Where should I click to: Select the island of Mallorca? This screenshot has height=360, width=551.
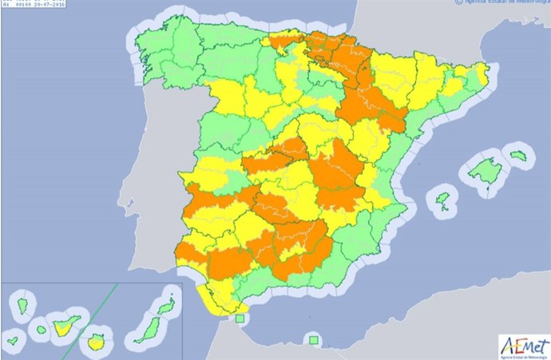pyautogui.click(x=482, y=169)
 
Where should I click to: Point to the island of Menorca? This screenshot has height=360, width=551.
pyautogui.click(x=518, y=156)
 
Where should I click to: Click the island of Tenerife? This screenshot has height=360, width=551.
pyautogui.click(x=63, y=323)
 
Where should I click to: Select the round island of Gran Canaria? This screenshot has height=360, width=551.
pyautogui.click(x=98, y=342)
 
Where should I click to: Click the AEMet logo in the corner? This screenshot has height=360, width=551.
pyautogui.click(x=523, y=344)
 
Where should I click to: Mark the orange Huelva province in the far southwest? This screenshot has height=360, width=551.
pyautogui.click(x=190, y=252)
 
